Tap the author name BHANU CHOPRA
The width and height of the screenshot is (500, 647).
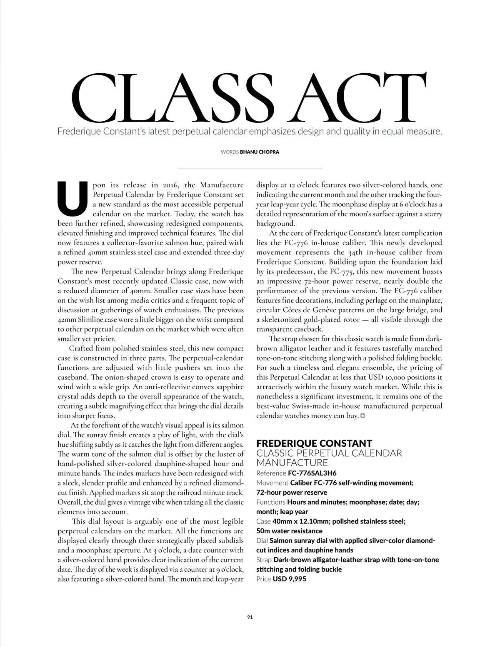(x=259, y=152)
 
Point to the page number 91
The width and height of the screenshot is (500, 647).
(x=250, y=617)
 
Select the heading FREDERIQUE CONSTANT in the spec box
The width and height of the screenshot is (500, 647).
(x=314, y=443)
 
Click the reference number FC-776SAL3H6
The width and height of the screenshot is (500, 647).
(x=312, y=473)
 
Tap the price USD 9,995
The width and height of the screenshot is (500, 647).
(x=289, y=579)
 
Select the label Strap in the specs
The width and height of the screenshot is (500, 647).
(x=264, y=560)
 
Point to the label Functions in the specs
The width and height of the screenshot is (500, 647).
(x=271, y=502)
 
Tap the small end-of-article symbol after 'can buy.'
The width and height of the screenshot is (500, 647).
(x=362, y=416)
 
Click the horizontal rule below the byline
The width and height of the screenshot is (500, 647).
(x=250, y=167)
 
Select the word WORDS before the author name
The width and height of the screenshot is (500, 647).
(x=230, y=152)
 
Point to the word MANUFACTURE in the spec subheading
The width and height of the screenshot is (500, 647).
(x=292, y=463)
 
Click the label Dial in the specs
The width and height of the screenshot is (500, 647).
(x=262, y=540)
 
